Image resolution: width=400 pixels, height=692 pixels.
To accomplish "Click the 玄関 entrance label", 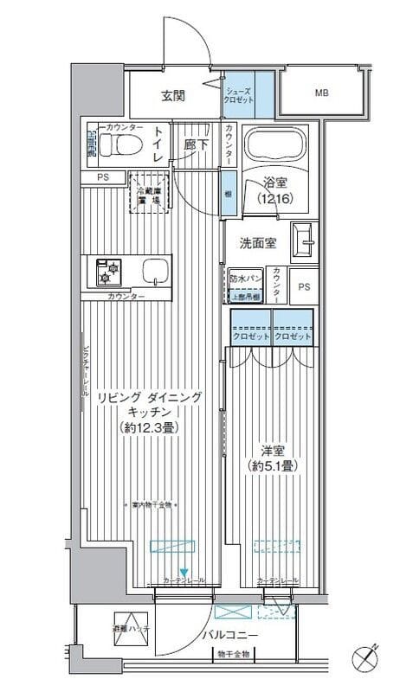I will [x=172, y=95].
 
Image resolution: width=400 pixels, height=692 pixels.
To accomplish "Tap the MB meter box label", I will [x=320, y=93].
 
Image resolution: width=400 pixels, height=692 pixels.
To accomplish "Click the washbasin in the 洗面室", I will [x=305, y=241].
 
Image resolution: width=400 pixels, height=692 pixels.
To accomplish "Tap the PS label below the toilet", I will [x=102, y=178].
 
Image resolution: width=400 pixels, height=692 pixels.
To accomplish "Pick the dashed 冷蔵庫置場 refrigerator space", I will [x=146, y=193].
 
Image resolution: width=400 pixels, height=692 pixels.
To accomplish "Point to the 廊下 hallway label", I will [x=196, y=145].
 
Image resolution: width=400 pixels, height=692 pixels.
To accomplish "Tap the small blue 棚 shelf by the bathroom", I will [x=226, y=184].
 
